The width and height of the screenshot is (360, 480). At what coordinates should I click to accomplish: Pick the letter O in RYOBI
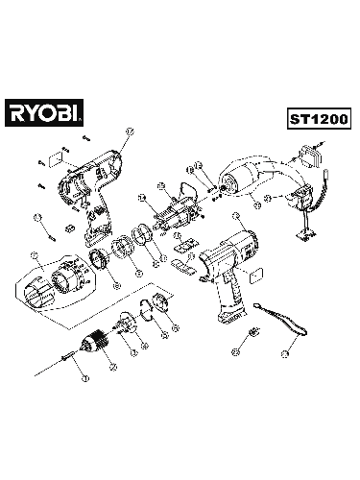(55, 115)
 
